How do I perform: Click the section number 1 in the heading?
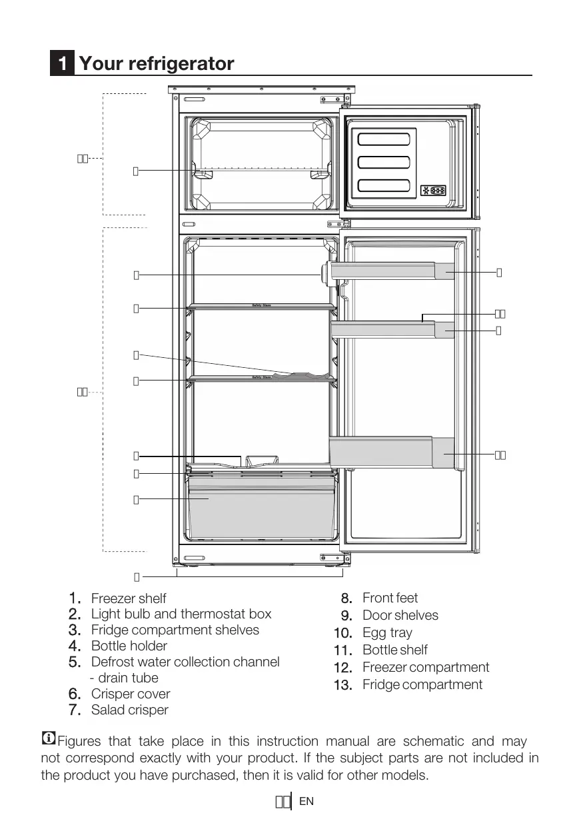coord(62,64)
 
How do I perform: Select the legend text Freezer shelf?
coord(129,598)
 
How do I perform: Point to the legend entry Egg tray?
coord(387,632)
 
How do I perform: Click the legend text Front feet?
coord(390,598)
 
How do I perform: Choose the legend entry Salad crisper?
coord(130,710)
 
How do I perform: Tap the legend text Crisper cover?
coord(131,694)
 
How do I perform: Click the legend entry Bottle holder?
coord(129,645)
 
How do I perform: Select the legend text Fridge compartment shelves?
coord(175,630)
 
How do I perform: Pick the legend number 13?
coord(342,685)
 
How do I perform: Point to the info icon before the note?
coord(48,738)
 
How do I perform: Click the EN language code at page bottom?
coord(306,802)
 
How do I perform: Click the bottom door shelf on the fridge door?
coord(393,452)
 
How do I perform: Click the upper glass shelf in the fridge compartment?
coord(262,307)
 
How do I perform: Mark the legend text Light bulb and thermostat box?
coord(181,614)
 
